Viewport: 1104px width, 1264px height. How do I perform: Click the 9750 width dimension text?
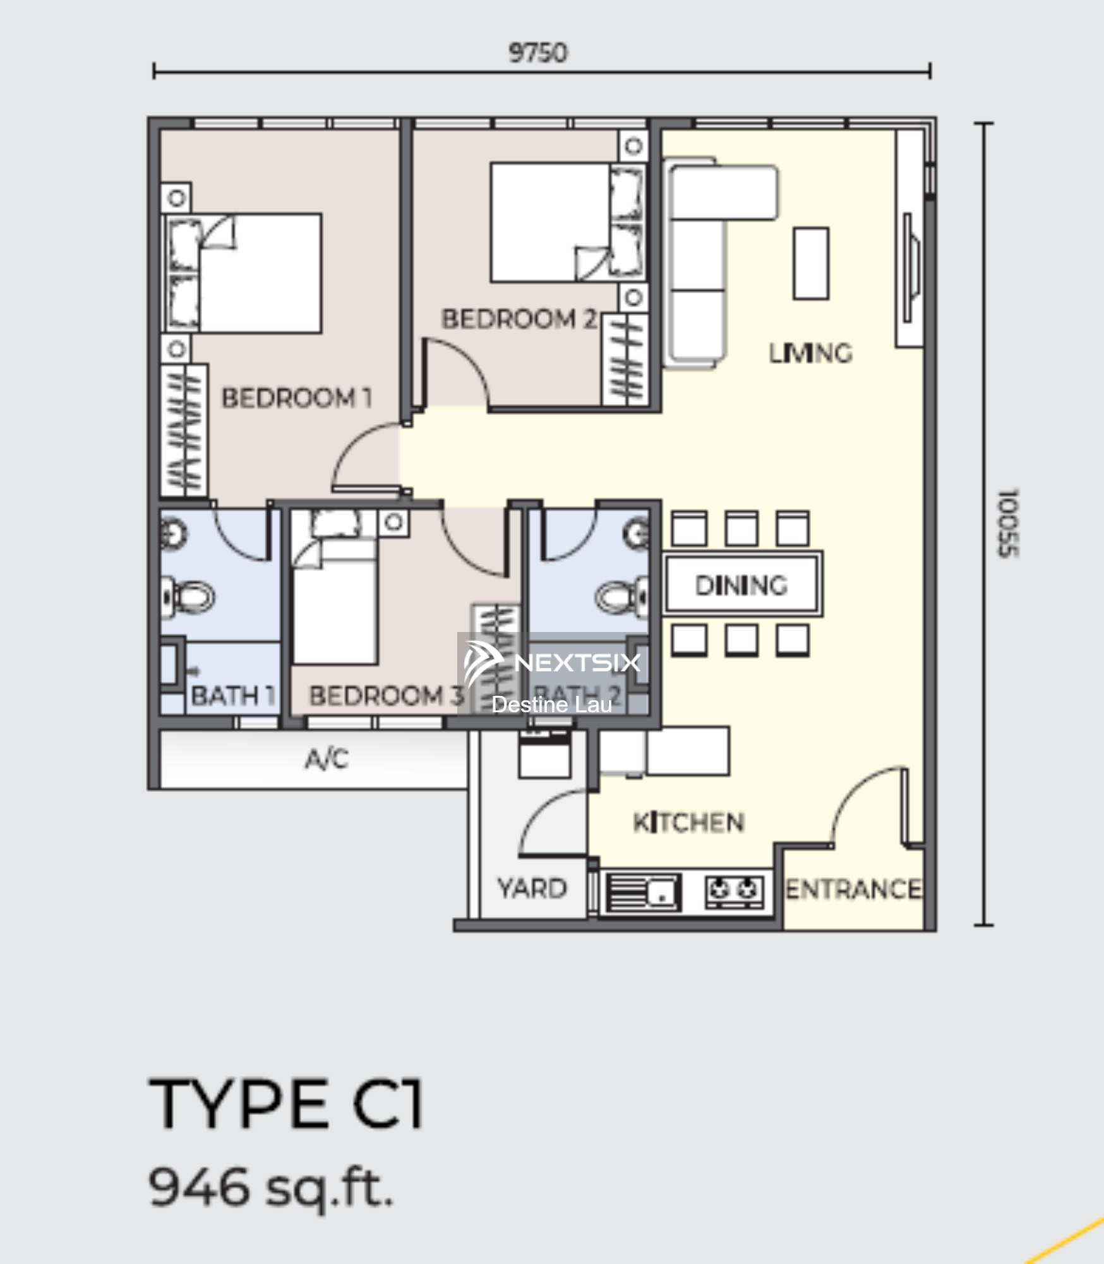[x=538, y=52]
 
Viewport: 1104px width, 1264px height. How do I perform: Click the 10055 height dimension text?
[x=1007, y=523]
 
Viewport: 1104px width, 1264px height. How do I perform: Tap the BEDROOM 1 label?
[x=296, y=398]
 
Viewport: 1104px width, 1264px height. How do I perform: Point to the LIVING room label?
[x=810, y=353]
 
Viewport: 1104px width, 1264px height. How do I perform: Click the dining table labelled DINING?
[x=742, y=585]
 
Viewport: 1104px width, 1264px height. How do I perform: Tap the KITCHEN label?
[x=688, y=822]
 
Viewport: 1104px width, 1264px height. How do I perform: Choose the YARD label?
[x=532, y=889]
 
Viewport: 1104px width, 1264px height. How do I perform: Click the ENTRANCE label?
[x=853, y=889]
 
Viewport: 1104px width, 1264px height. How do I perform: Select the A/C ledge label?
[x=327, y=758]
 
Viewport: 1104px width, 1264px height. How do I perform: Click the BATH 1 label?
[x=233, y=696]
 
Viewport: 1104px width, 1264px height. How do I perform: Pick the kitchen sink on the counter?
[x=642, y=892]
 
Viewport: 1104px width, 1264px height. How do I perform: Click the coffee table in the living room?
[x=811, y=263]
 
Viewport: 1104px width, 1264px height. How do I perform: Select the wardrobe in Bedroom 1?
[x=184, y=430]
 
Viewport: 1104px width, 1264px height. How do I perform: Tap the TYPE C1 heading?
[x=286, y=1103]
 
